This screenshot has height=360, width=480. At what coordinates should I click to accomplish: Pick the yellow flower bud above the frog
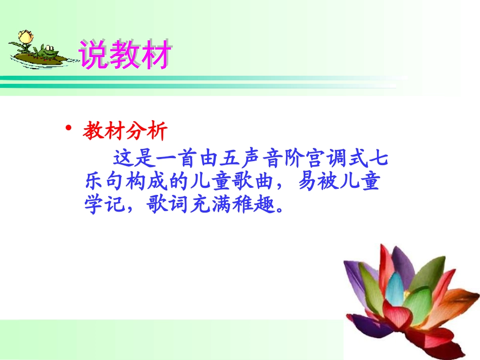pyautogui.click(x=24, y=37)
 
